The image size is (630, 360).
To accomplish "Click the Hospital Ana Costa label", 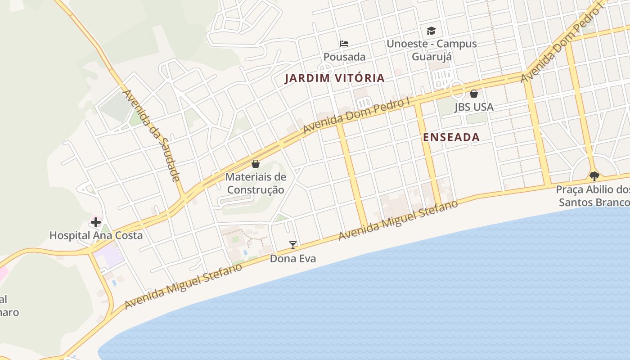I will pos(96,235).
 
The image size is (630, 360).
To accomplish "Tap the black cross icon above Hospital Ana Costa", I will pos(96,222).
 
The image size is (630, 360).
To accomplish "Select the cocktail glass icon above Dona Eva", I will pos(293,245).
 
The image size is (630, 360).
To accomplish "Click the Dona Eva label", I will pos(293,259).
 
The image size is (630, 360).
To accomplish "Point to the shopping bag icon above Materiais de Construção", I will pos(256,164).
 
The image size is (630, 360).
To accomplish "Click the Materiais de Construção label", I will pos(256,183).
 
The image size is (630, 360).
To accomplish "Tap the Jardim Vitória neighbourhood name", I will pos(335,78).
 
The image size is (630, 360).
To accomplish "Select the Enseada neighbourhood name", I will pos(451,138).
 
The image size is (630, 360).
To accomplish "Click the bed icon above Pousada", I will pos(344,44).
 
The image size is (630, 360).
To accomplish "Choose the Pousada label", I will pos(344,57).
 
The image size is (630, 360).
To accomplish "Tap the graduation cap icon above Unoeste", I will pos(432,31).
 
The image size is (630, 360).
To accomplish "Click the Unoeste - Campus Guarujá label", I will pos(432,50).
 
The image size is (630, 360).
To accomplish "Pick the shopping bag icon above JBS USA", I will pos(474,94).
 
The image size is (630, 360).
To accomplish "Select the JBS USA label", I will pos(474,107).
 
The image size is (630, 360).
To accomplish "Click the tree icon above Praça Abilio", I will pos(594,176).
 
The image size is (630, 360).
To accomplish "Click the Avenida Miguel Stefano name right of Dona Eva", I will pos(398,220).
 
